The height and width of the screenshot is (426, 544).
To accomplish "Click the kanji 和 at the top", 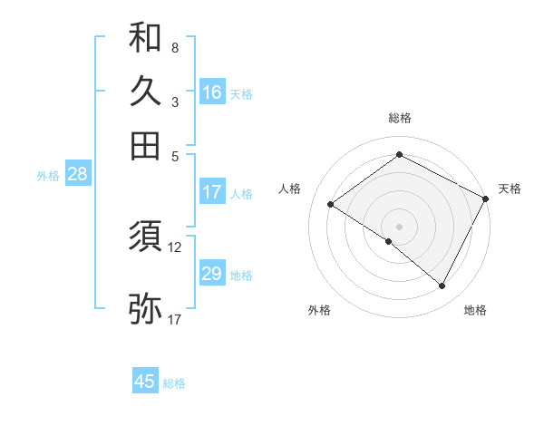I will pos(145,38).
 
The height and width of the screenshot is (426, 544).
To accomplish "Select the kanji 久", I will pos(145,92).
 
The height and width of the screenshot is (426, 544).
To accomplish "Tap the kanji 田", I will pos(145,145).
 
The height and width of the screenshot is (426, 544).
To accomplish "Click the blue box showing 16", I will pos(212,92).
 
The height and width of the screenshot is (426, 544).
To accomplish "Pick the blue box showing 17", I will pos(212,192).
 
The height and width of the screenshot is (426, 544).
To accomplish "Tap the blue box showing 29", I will pos(212,274).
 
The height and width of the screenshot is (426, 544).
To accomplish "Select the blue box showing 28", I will pos(77,175).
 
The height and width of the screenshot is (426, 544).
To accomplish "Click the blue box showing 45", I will pos(145,382).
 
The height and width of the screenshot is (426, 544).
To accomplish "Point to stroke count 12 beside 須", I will pos(175,247).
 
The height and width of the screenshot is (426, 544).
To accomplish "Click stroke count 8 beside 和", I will pos(174,47).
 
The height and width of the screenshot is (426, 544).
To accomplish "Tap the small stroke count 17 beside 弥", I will pos(175,319).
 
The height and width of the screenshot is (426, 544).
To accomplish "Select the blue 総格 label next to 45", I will pos(174,383).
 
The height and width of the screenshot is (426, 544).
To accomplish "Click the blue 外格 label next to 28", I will pos(48,177).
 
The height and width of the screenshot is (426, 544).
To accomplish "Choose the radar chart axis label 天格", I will pos(510,189).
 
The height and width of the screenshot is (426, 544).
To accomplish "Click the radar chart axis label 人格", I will pos(290,189).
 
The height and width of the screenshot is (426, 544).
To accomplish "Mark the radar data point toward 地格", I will pos(442,286).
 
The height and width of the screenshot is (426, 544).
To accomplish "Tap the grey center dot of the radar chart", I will pos(399,226).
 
